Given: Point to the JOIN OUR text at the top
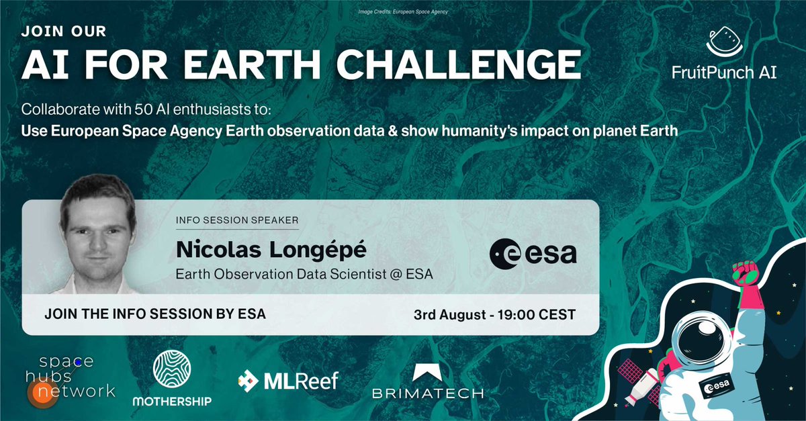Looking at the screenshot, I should [x=63, y=31].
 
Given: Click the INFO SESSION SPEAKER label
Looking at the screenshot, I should [x=236, y=220].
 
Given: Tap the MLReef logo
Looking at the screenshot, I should [x=287, y=381].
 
